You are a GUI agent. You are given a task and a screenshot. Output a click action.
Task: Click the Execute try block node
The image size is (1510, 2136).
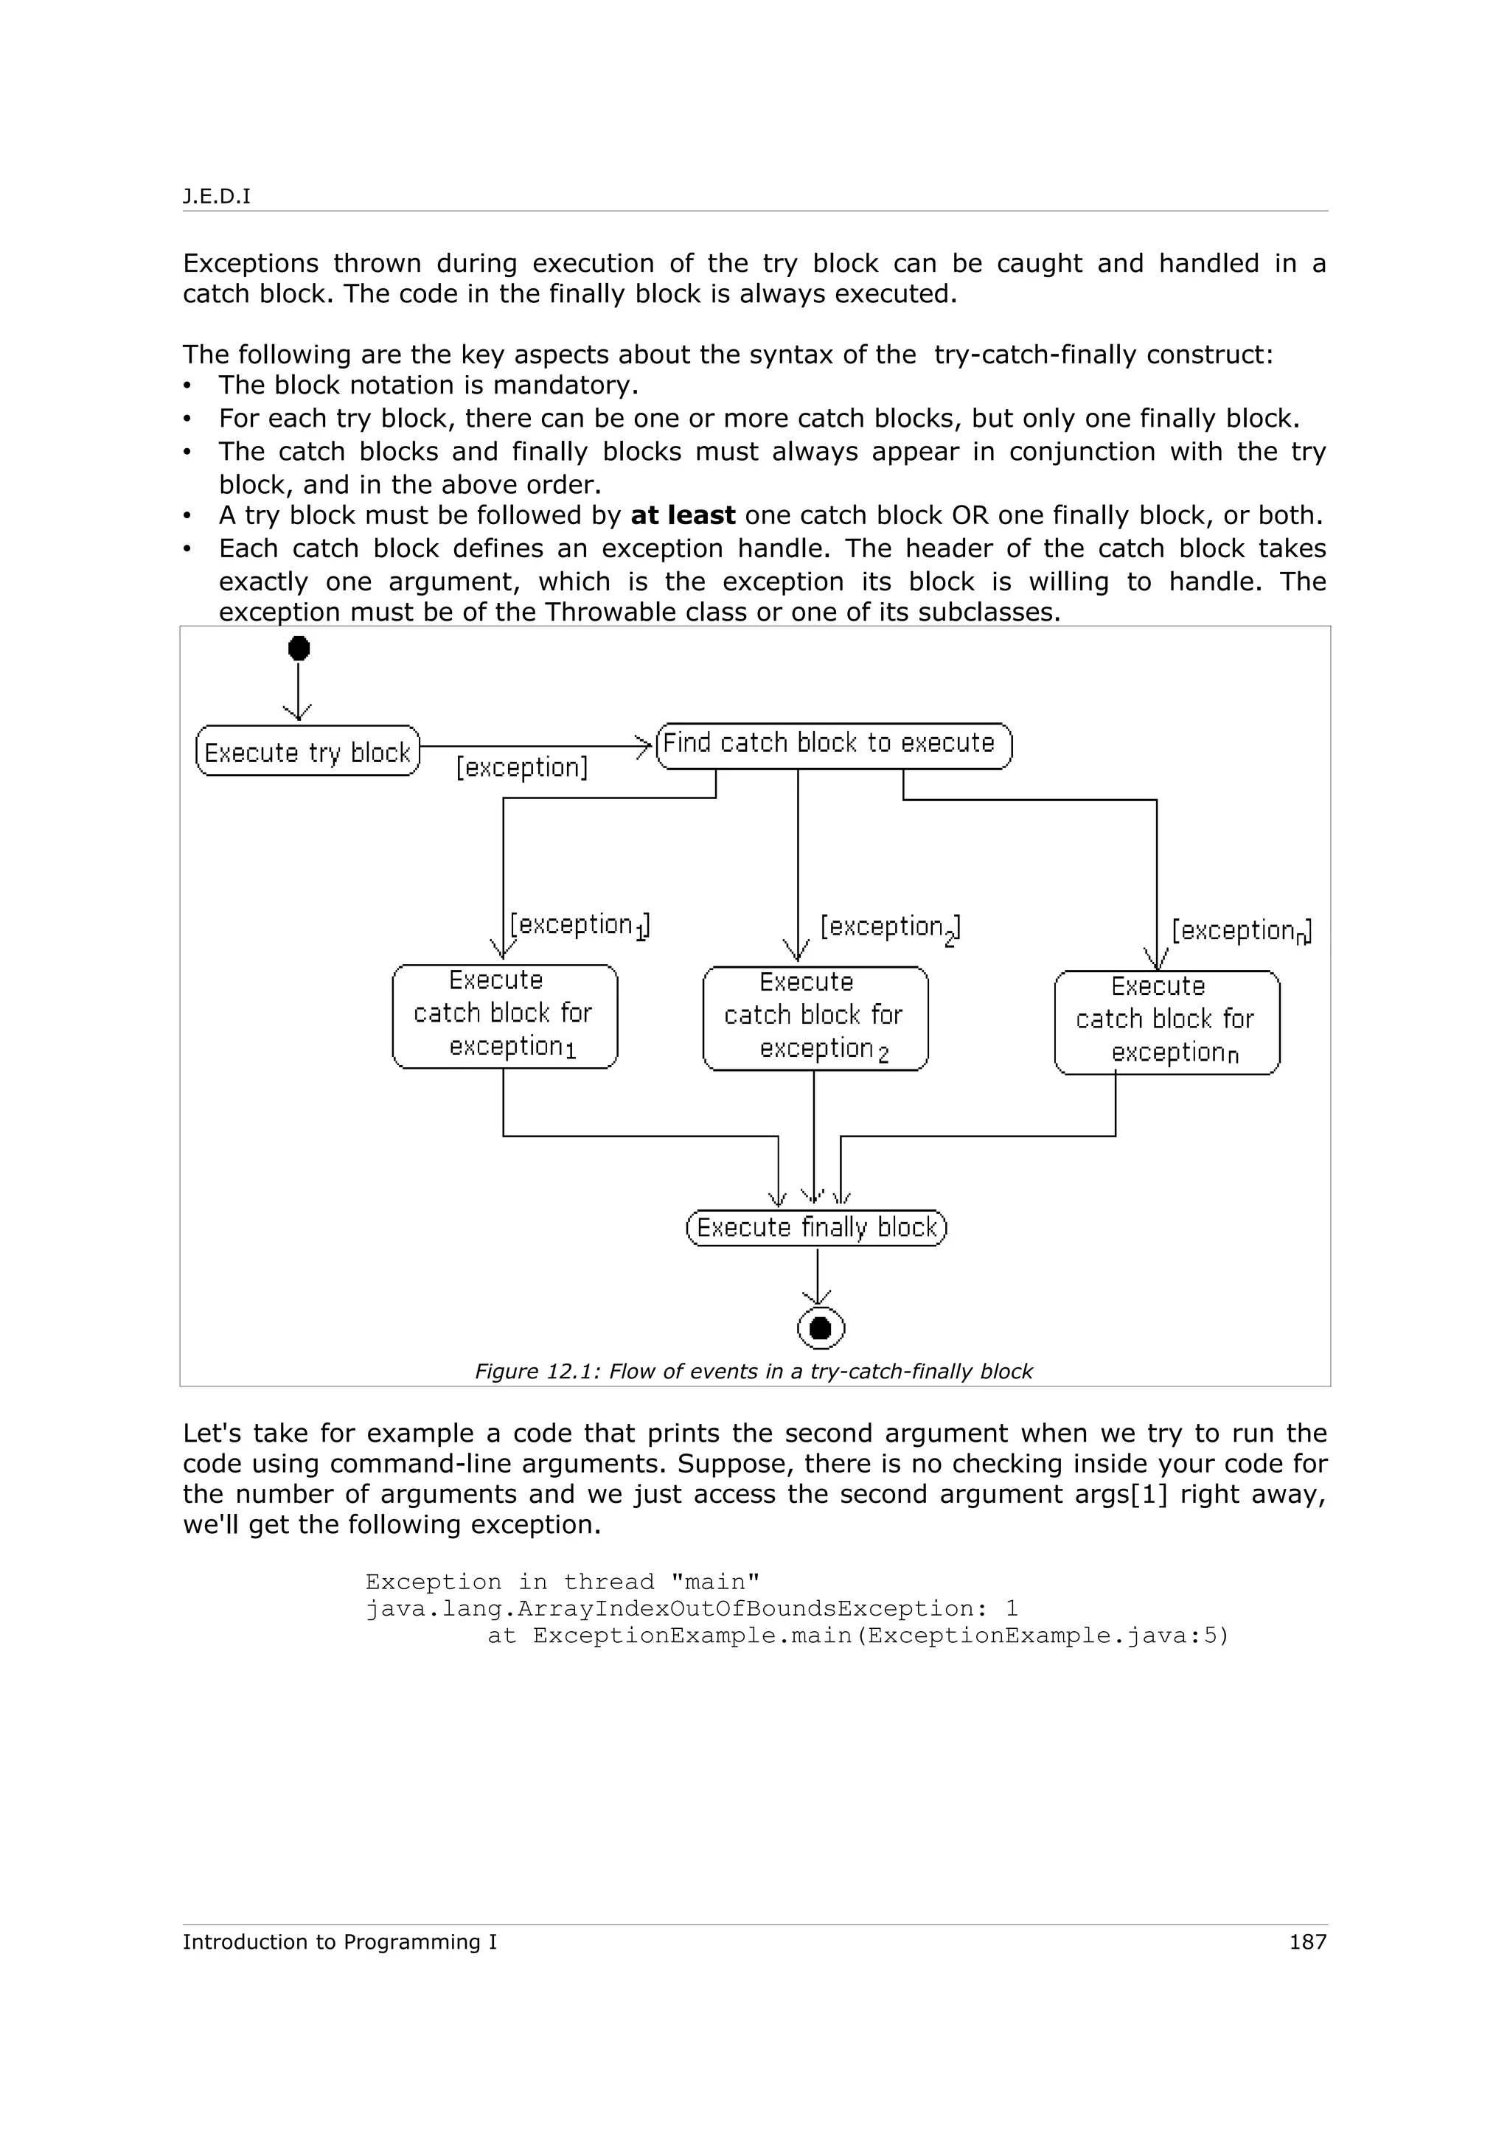click(307, 751)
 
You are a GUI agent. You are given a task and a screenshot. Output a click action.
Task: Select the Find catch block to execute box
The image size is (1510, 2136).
click(834, 745)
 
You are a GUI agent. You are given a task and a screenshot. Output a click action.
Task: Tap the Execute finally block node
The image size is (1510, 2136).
click(816, 1227)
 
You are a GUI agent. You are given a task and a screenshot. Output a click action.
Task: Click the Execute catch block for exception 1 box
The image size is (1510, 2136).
click(504, 1016)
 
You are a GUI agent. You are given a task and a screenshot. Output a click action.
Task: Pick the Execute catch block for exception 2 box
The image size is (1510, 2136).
click(815, 1018)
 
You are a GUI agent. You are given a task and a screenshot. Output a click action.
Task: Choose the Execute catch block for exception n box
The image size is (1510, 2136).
click(1166, 1022)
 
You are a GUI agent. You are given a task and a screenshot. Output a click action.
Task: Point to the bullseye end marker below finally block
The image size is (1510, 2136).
click(821, 1327)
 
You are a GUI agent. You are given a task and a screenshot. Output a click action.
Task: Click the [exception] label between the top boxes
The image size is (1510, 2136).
click(522, 767)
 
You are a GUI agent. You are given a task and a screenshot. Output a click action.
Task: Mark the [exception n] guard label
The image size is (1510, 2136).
click(1241, 930)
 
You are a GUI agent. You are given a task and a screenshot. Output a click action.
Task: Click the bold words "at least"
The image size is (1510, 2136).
click(683, 515)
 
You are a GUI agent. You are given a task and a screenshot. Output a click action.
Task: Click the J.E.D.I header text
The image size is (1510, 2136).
click(217, 196)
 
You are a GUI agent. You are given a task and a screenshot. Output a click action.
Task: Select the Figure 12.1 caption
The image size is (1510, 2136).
click(754, 1371)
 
